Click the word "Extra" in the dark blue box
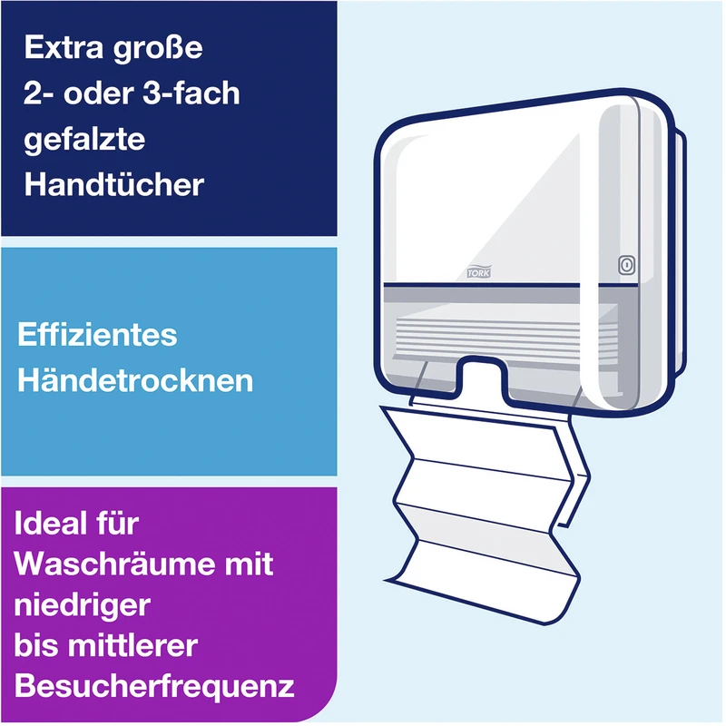[x=64, y=47]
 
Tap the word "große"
[x=158, y=49]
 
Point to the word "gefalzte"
[x=84, y=140]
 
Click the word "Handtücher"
[x=114, y=184]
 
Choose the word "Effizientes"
[x=97, y=334]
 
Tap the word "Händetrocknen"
[x=135, y=380]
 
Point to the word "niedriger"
[x=83, y=604]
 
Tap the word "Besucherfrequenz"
[x=154, y=687]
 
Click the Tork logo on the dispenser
[x=479, y=272]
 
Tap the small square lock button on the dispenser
[x=626, y=265]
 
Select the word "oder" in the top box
[x=99, y=93]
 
